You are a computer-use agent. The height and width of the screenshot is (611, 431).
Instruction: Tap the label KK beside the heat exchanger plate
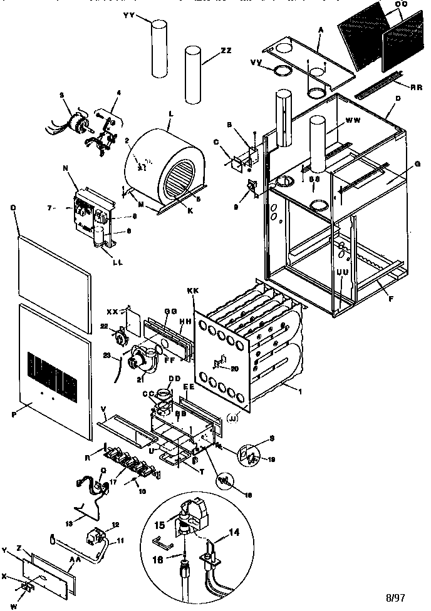coord(192,292)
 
